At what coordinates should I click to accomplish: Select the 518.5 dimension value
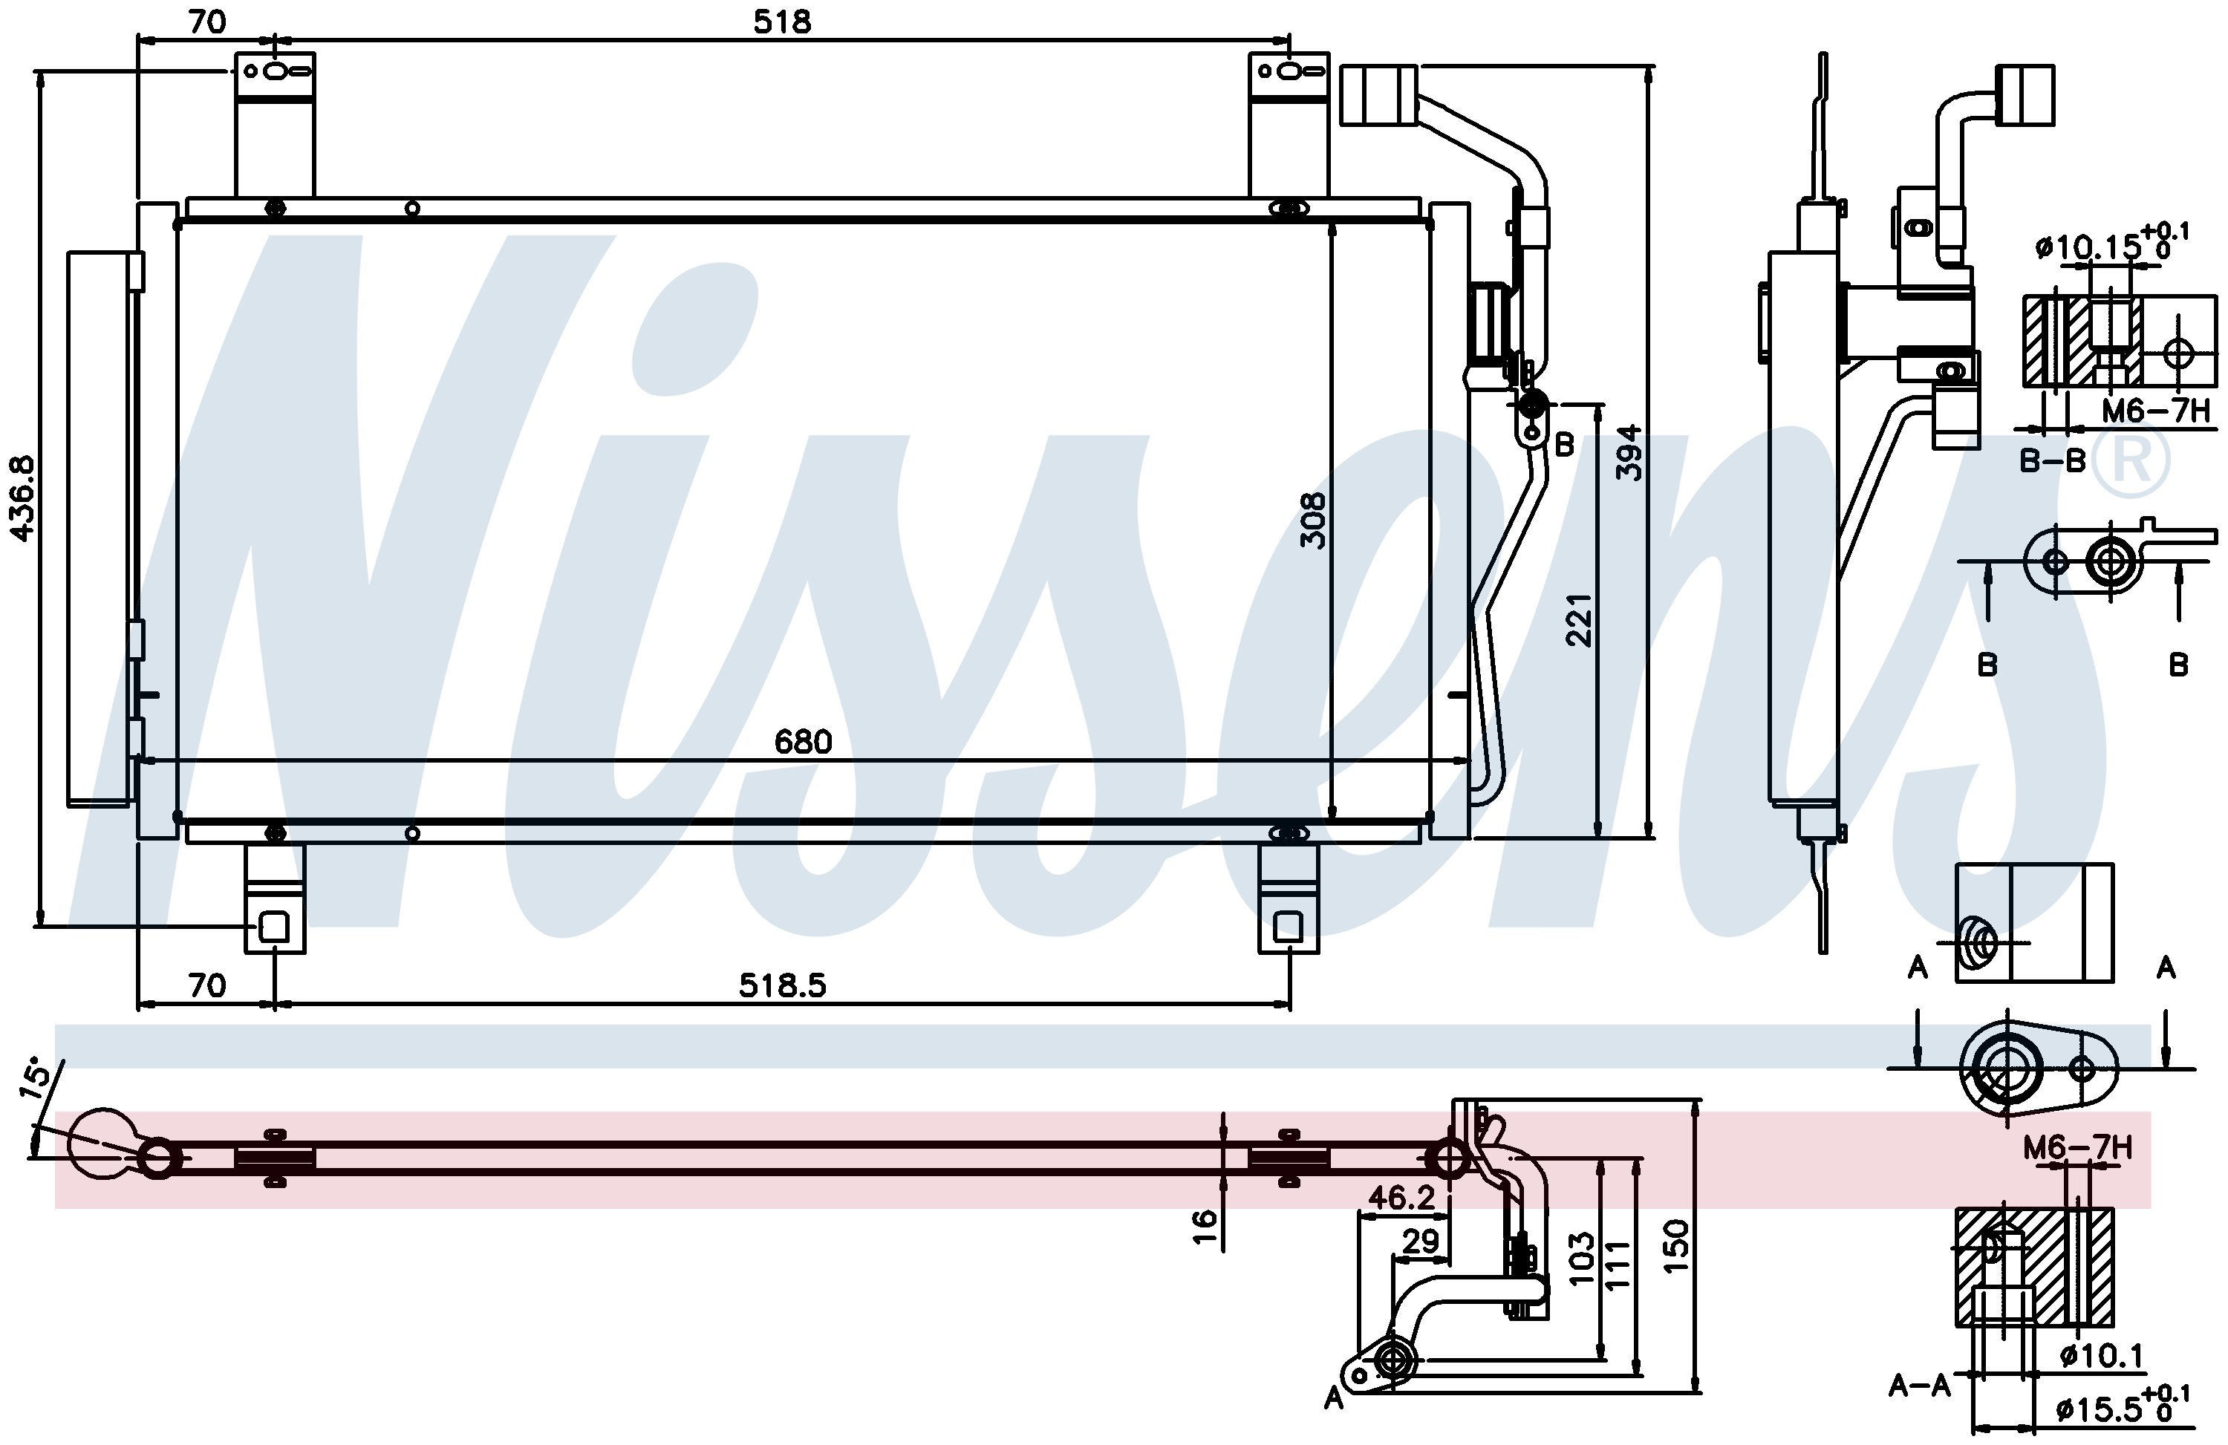pos(783,985)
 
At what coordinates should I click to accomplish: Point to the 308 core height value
pos(1313,521)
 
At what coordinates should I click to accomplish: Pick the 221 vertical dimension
pos(1579,619)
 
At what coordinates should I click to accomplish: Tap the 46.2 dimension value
pos(1401,1197)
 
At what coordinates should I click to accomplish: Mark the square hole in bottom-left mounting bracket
pos(273,927)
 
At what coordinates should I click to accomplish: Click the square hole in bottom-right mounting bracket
pos(1288,927)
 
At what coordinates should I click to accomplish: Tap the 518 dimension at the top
pos(782,22)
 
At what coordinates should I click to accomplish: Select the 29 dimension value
pos(1420,1241)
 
